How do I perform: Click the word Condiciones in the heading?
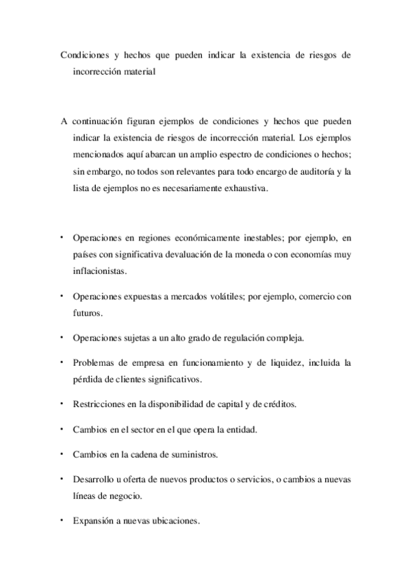[x=85, y=54]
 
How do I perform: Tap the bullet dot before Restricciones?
[x=62, y=403]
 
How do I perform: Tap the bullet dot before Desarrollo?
[x=62, y=478]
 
